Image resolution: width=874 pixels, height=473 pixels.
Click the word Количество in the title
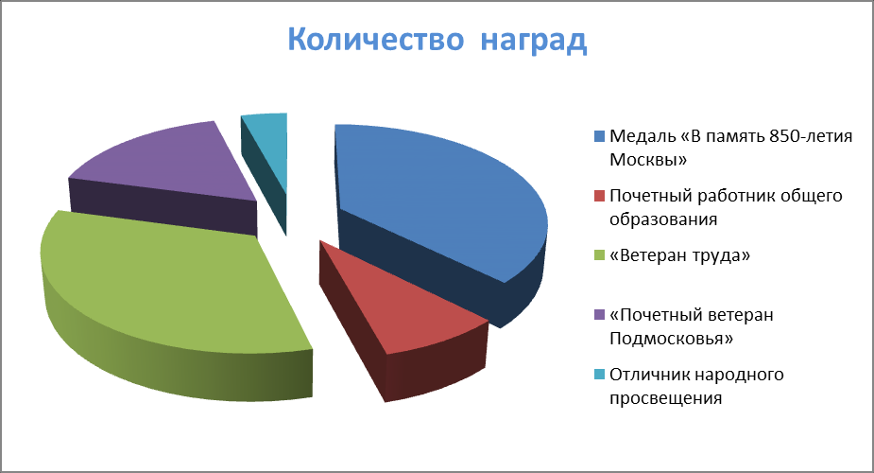376,39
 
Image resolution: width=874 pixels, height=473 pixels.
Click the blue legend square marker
600,136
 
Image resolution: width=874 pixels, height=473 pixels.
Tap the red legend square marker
600,197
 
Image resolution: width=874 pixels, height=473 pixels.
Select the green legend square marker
600,255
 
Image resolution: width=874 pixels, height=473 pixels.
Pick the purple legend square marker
600,315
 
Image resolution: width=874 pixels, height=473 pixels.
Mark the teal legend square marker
600,375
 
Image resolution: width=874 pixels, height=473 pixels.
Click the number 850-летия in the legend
811,136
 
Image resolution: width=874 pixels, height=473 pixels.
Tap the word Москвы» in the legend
648,160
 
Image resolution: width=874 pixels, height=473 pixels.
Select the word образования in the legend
663,219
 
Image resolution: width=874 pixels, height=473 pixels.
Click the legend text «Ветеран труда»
680,255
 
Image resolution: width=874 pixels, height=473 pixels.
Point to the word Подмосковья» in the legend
672,339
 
